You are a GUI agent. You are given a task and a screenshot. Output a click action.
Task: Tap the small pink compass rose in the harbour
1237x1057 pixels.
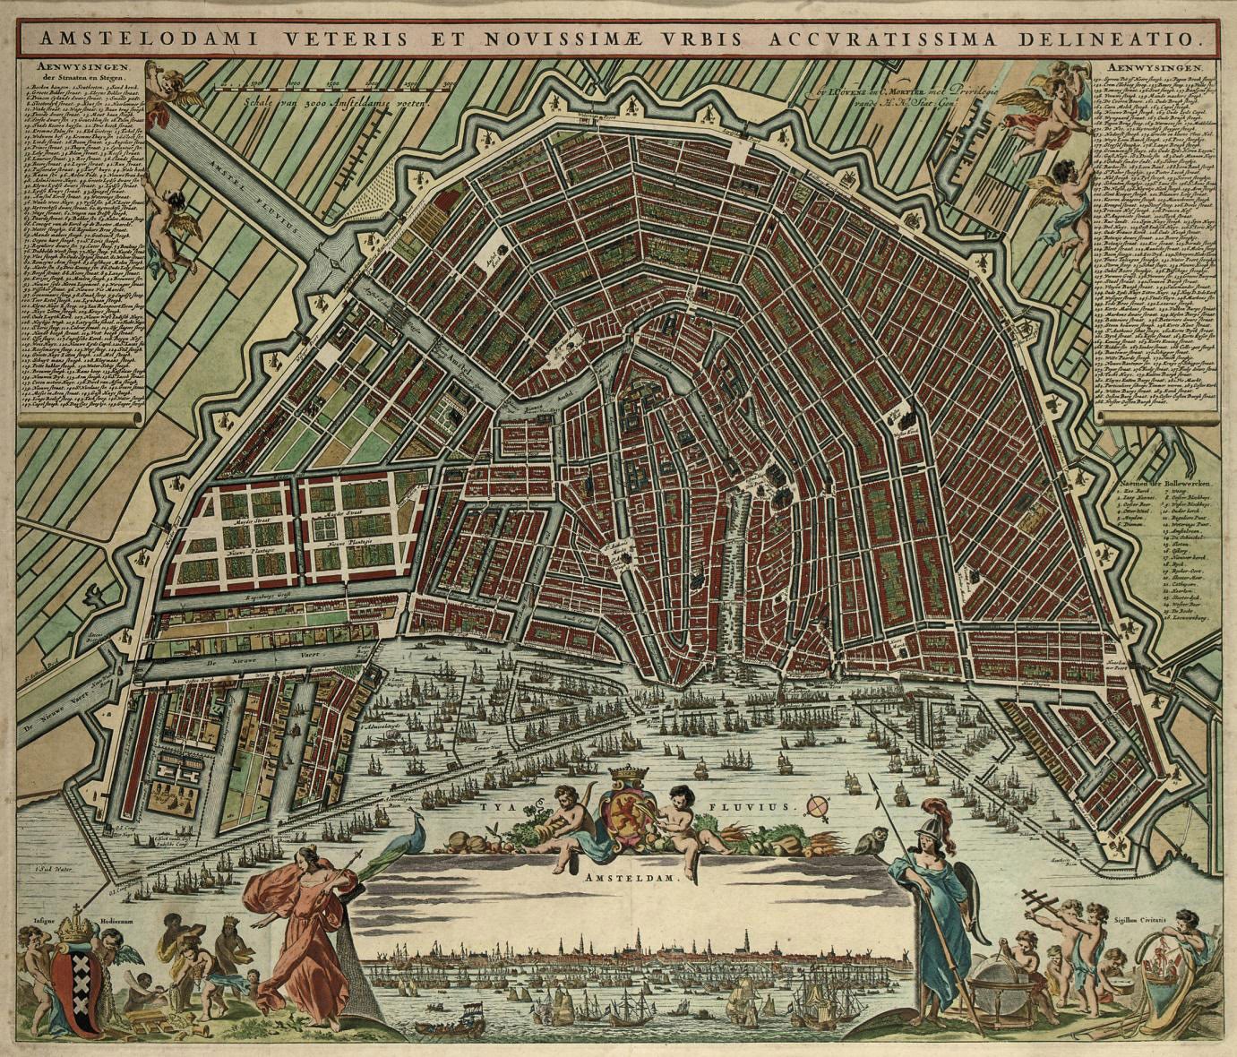point(816,806)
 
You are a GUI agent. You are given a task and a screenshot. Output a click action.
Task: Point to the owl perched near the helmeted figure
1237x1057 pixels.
point(864,842)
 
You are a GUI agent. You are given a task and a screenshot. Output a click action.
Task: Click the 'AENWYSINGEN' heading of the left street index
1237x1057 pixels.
point(81,67)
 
